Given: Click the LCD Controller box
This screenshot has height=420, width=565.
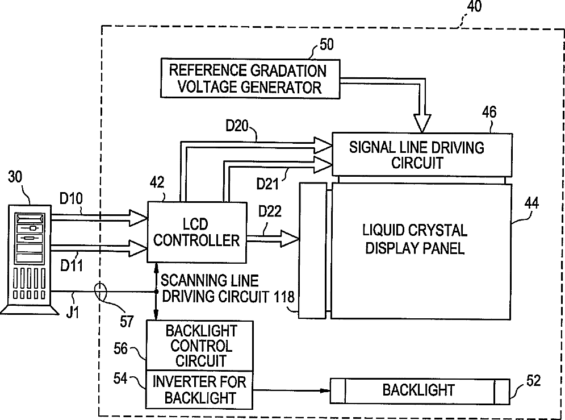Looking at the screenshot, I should point(196,232).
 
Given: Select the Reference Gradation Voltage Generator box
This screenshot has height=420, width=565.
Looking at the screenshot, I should point(250,79).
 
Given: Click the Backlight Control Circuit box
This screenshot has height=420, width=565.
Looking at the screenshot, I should point(198,346).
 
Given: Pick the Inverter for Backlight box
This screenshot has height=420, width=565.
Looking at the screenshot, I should point(198,389).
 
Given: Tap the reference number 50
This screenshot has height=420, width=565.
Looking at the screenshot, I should point(327,44).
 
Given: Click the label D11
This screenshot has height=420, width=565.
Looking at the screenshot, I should point(72,265).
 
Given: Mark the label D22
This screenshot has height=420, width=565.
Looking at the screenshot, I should point(270,211).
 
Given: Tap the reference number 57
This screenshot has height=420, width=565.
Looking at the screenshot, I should point(127,322).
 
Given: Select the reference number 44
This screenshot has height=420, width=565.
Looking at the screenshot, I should point(533,203).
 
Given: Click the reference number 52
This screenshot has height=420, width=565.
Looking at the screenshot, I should point(533,380).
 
